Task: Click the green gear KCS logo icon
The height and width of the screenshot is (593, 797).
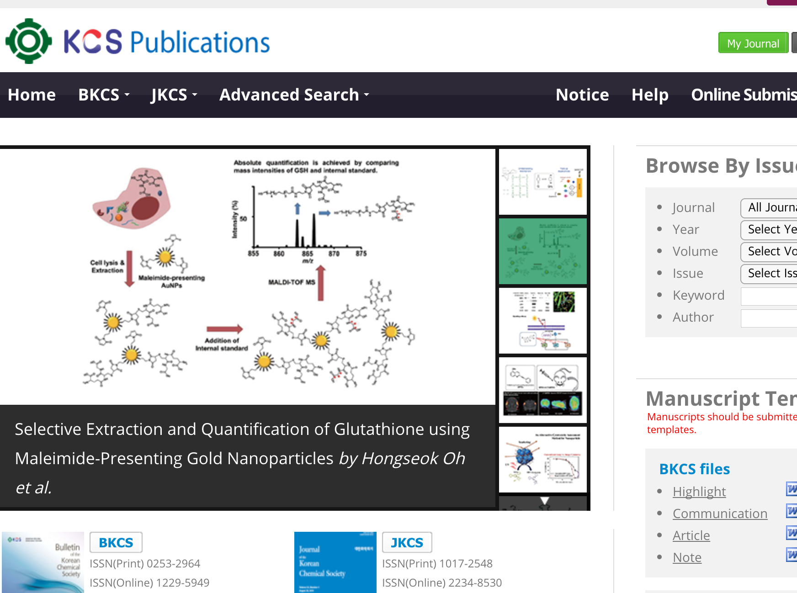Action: (x=28, y=41)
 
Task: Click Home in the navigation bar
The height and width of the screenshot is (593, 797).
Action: (x=32, y=95)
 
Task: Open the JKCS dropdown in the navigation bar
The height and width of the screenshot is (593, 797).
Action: (x=174, y=95)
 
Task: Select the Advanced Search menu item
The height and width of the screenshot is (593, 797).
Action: (x=294, y=95)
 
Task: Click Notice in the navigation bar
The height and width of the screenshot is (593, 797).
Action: (x=582, y=95)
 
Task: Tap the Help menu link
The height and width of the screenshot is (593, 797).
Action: (x=650, y=95)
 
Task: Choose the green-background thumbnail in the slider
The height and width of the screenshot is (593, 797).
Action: (x=542, y=251)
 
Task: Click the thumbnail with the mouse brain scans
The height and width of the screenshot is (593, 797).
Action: (x=542, y=390)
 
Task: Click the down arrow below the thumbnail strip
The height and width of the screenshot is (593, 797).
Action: (x=544, y=501)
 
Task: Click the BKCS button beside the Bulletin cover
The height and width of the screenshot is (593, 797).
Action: (x=116, y=542)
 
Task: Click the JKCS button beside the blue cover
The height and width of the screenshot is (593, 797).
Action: (x=407, y=542)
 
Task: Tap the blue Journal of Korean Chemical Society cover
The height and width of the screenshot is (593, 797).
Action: (x=335, y=562)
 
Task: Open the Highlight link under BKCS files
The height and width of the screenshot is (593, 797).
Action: (x=699, y=492)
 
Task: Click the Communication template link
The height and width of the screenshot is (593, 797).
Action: (x=720, y=514)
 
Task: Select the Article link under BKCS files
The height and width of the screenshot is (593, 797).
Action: (x=691, y=535)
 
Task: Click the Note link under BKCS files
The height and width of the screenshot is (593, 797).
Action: (x=687, y=557)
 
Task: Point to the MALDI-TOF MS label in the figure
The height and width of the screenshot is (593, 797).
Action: (x=292, y=282)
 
